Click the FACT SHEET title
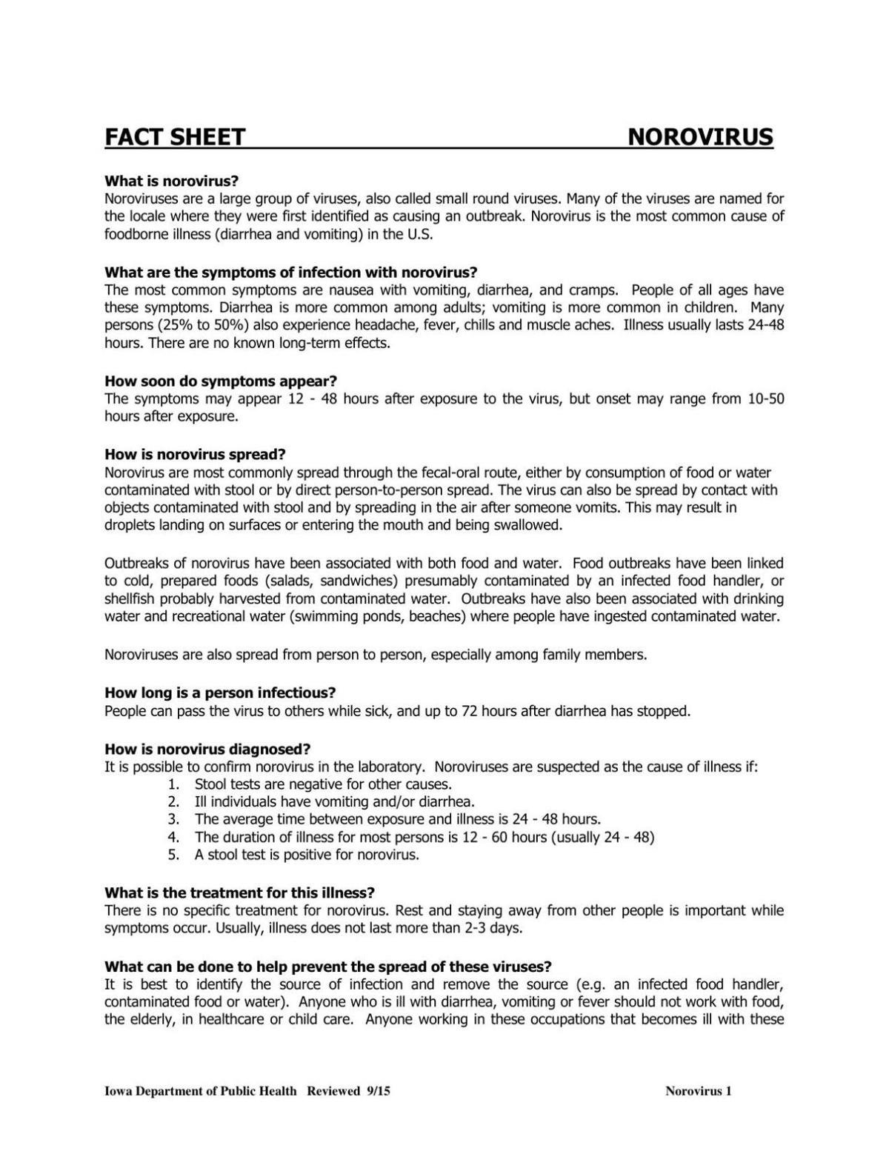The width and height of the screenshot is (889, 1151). (175, 137)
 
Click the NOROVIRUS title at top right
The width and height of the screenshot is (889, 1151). (700, 137)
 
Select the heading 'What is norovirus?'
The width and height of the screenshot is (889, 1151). (172, 181)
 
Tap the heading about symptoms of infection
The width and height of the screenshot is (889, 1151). (291, 272)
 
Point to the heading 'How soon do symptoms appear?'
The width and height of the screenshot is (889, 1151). (221, 381)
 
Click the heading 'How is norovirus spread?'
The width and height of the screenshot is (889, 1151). (195, 454)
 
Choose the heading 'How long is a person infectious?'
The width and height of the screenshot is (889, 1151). (220, 693)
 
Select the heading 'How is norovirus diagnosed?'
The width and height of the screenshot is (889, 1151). (207, 749)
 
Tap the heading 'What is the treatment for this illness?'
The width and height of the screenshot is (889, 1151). (239, 893)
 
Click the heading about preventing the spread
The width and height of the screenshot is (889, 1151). (328, 967)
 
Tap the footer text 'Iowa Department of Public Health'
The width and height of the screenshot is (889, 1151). (201, 1091)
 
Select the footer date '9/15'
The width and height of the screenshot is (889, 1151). (378, 1091)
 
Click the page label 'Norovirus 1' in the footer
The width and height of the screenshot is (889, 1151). (699, 1091)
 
